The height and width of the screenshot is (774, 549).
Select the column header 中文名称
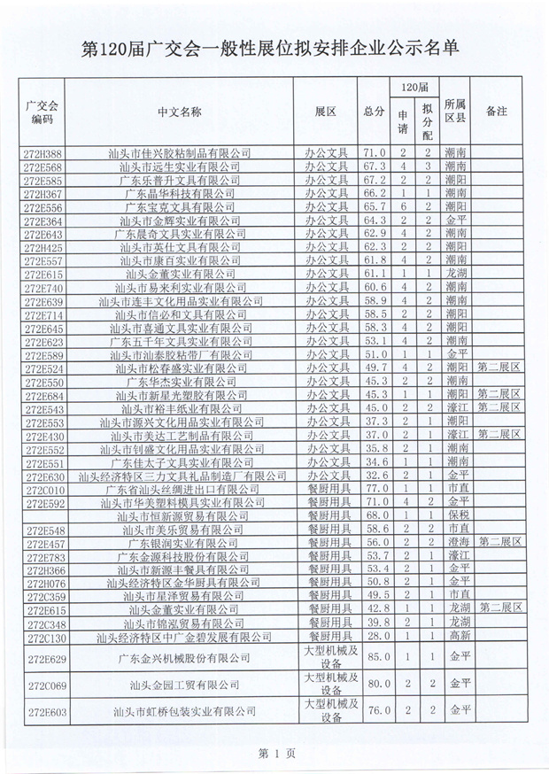tap(179, 112)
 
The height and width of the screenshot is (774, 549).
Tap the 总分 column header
tap(373, 112)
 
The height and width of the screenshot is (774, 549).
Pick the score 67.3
tap(373, 166)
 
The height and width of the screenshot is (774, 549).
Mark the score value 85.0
tap(373, 658)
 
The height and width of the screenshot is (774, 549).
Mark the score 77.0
tap(373, 489)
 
